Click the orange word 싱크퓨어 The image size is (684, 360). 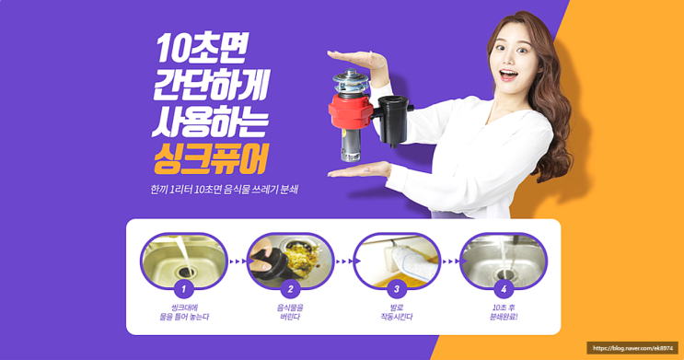coord(211,159)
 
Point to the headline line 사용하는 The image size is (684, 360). coord(210,122)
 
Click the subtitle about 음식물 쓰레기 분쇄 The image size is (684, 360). coord(224,190)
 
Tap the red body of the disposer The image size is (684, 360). coord(351,110)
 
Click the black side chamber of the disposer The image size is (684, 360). coord(394,119)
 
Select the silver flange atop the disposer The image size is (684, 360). coord(351,81)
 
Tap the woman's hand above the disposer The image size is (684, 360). coord(358,59)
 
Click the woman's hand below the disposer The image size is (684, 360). coord(359,169)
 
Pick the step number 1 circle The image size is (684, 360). coord(183,288)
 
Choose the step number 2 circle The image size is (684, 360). coord(290,288)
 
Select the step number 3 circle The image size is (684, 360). coord(397,288)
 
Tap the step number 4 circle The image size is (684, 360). coord(504,288)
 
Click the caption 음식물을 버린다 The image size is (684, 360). coord(290,312)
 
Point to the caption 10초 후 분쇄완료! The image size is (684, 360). coord(504,312)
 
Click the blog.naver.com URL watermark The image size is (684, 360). coord(632,348)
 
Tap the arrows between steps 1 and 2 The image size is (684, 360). coord(238,261)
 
